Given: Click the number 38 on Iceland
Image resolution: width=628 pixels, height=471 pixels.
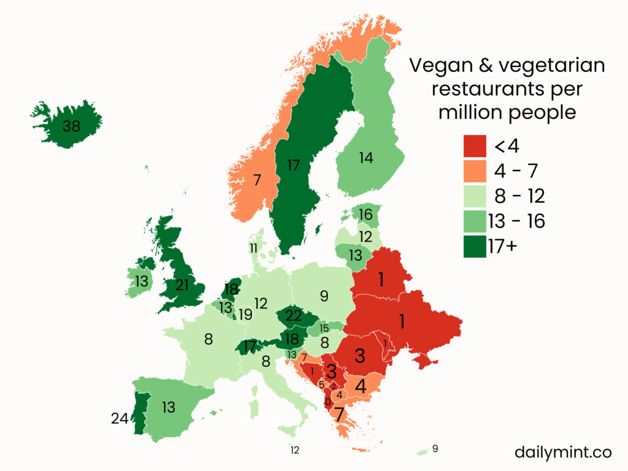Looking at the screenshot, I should click(72, 127).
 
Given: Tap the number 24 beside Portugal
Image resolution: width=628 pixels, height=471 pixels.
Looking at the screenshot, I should click(120, 419).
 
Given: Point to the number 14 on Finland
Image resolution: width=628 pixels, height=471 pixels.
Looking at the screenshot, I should click(366, 158).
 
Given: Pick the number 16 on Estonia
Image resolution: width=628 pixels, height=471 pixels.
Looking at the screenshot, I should click(366, 215).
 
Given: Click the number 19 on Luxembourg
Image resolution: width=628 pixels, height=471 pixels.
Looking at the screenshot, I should click(245, 315).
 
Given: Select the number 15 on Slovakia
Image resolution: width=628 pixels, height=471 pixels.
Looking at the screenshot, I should click(324, 329).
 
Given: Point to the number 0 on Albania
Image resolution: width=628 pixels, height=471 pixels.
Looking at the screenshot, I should click(327, 402).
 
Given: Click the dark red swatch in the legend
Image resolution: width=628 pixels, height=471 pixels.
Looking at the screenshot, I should click(475, 147).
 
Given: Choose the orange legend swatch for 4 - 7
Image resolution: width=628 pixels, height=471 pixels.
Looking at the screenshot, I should click(475, 171).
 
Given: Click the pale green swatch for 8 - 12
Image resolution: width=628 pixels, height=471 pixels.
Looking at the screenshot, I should click(475, 196).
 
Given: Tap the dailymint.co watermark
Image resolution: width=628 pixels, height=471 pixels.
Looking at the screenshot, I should click(564, 453).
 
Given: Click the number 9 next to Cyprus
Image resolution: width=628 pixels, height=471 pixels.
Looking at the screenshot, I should click(435, 448).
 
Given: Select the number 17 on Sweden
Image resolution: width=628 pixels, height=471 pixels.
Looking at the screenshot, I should click(293, 165).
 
